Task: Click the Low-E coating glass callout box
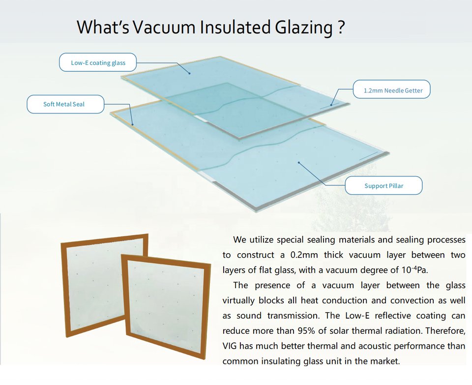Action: [x=98, y=62]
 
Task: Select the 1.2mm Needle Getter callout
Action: [x=392, y=89]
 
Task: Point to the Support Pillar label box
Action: [x=384, y=185]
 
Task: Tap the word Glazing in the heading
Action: [x=303, y=28]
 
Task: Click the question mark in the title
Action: [x=341, y=27]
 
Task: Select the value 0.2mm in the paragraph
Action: [x=304, y=255]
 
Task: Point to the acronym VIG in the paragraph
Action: [x=230, y=346]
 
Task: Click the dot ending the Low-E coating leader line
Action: [x=189, y=73]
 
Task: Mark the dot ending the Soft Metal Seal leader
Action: [x=132, y=124]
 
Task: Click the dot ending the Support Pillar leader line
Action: [x=298, y=163]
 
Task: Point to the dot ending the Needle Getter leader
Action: [x=331, y=105]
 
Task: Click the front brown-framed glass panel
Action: [x=166, y=306]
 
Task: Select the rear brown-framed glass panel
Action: [x=93, y=286]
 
